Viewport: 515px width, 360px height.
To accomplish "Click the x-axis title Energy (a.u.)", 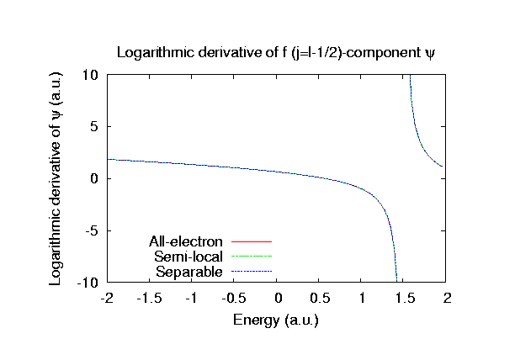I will tap(277, 320).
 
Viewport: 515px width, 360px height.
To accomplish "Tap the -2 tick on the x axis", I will tap(107, 299).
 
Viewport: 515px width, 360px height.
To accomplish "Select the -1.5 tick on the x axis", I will tap(149, 299).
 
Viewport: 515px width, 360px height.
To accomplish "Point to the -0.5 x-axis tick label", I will tap(234, 299).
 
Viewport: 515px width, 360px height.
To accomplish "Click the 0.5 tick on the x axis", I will tap(320, 299).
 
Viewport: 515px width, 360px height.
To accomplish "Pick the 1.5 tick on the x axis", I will tap(406, 299).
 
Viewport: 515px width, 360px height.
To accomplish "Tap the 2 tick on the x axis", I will tap(448, 299).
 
